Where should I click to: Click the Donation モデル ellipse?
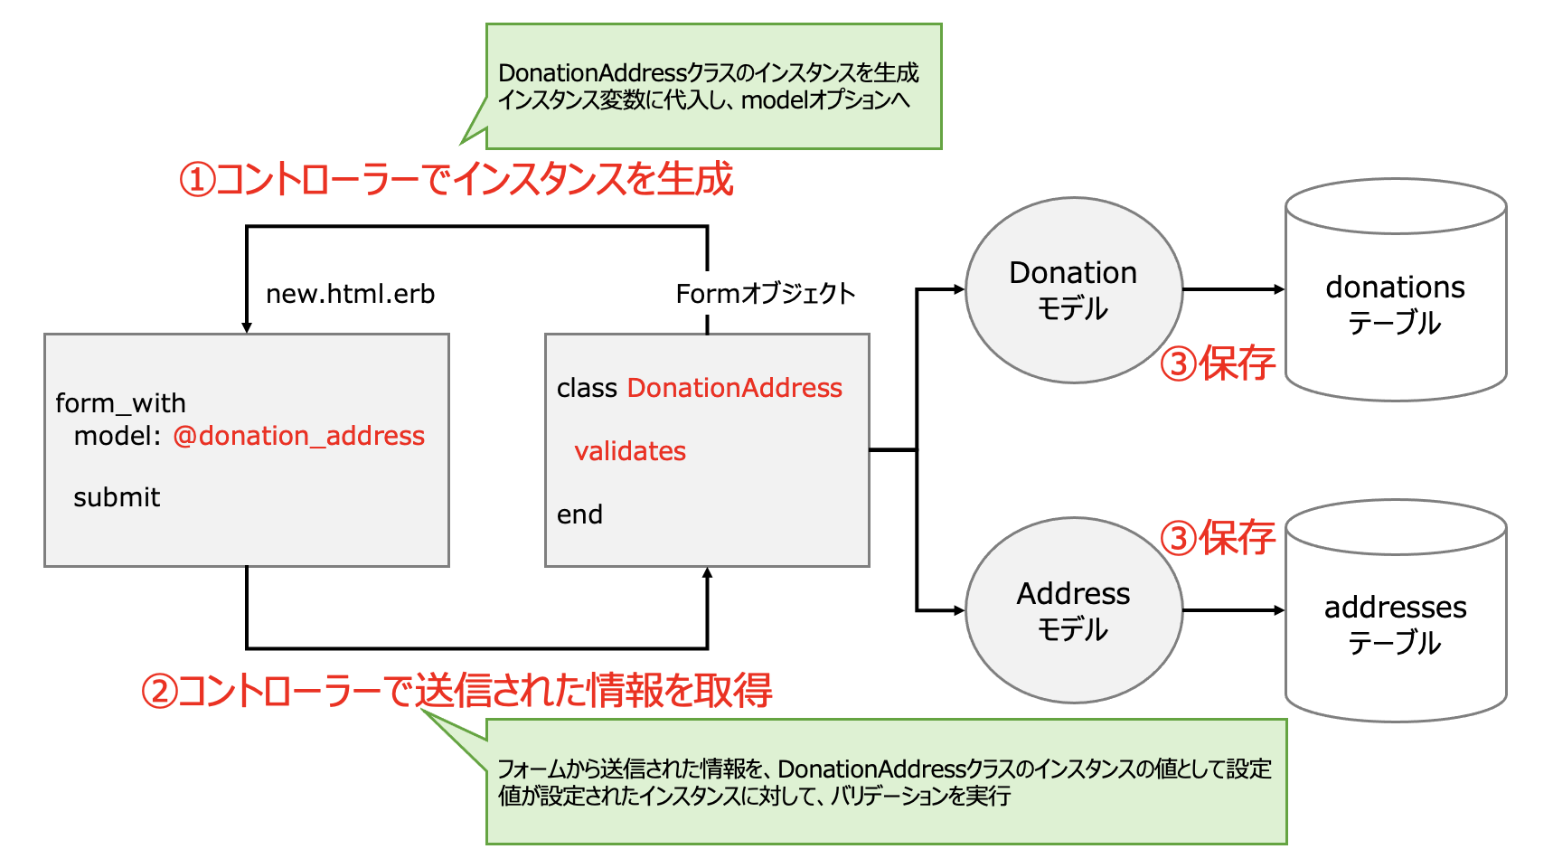1073,290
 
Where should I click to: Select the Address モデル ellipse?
1073,610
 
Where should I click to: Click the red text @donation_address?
298,436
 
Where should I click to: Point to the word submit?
117,497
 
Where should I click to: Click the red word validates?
630,451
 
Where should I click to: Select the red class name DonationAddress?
734,388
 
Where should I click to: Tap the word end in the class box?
579,514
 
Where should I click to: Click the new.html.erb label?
350,294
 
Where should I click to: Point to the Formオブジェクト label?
765,294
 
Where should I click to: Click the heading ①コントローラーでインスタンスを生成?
456,179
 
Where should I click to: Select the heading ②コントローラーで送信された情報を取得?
456,691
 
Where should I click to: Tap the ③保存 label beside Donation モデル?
1218,363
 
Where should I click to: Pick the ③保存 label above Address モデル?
1218,538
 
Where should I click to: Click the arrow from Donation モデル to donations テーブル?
1233,289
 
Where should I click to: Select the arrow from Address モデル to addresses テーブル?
1233,610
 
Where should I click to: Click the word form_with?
120,402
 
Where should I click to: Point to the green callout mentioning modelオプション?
713,87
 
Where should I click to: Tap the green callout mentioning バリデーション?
885,782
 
